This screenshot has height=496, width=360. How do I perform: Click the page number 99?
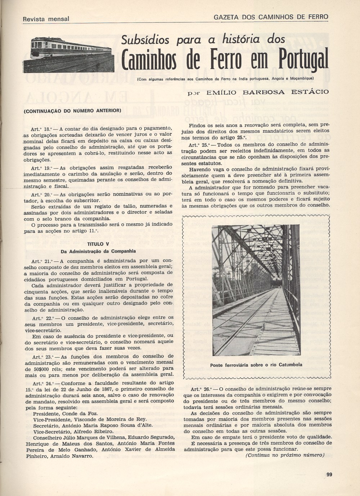coord(329,474)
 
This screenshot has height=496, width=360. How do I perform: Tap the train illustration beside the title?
coord(72,54)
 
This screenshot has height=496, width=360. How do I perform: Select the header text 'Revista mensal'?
coord(46,19)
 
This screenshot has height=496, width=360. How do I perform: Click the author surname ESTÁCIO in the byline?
coord(310,92)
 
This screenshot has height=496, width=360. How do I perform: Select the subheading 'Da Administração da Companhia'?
coord(98,251)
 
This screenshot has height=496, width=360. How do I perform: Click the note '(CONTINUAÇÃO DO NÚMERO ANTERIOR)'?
coord(72,110)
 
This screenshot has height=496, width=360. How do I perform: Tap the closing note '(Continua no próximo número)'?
coord(285,455)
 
